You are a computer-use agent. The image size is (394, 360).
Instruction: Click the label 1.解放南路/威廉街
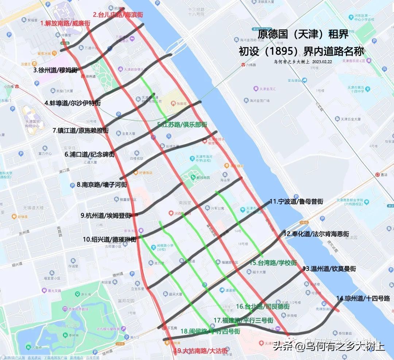[65, 23]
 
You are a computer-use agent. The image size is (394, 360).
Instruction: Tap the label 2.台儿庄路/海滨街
[117, 15]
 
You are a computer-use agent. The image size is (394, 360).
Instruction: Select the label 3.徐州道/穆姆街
[55, 70]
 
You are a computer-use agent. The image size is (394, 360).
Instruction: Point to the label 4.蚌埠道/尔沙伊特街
[73, 103]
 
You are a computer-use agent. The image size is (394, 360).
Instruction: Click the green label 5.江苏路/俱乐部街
[182, 124]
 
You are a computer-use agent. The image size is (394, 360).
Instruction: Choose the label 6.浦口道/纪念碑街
[89, 154]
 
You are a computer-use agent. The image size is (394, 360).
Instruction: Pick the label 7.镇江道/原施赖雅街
[81, 130]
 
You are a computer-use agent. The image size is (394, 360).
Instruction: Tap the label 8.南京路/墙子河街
[102, 185]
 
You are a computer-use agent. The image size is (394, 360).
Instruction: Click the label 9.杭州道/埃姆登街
[106, 215]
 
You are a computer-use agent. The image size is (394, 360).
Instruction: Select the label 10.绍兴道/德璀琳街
[109, 240]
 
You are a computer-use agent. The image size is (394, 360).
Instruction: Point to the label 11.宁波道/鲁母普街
[296, 201]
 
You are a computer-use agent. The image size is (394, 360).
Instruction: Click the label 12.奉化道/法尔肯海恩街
[316, 234]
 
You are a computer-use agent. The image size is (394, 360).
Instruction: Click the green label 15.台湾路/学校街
[273, 263]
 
